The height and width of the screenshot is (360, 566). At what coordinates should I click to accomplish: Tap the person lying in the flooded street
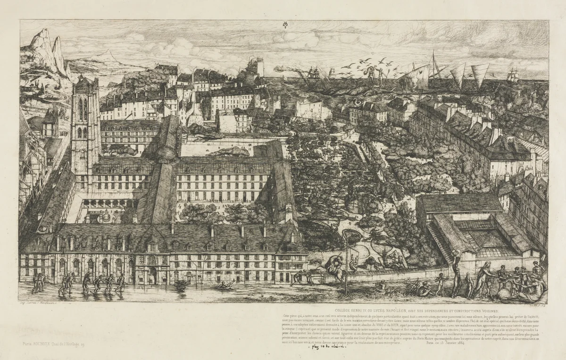[x=225, y=285]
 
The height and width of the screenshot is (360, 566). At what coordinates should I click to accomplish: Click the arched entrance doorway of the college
[x=152, y=275]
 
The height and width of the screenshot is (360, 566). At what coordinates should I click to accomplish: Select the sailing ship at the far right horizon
[x=513, y=75]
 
